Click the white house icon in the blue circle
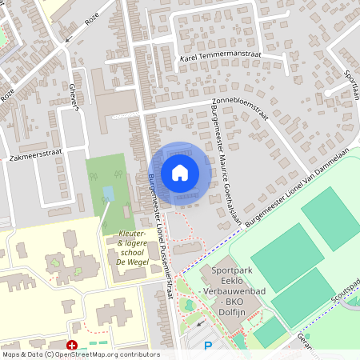pyautogui.click(x=180, y=173)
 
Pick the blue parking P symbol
pyautogui.click(x=208, y=346)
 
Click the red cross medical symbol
pyautogui.click(x=72, y=346)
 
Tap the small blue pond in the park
pyautogui.click(x=108, y=194)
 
